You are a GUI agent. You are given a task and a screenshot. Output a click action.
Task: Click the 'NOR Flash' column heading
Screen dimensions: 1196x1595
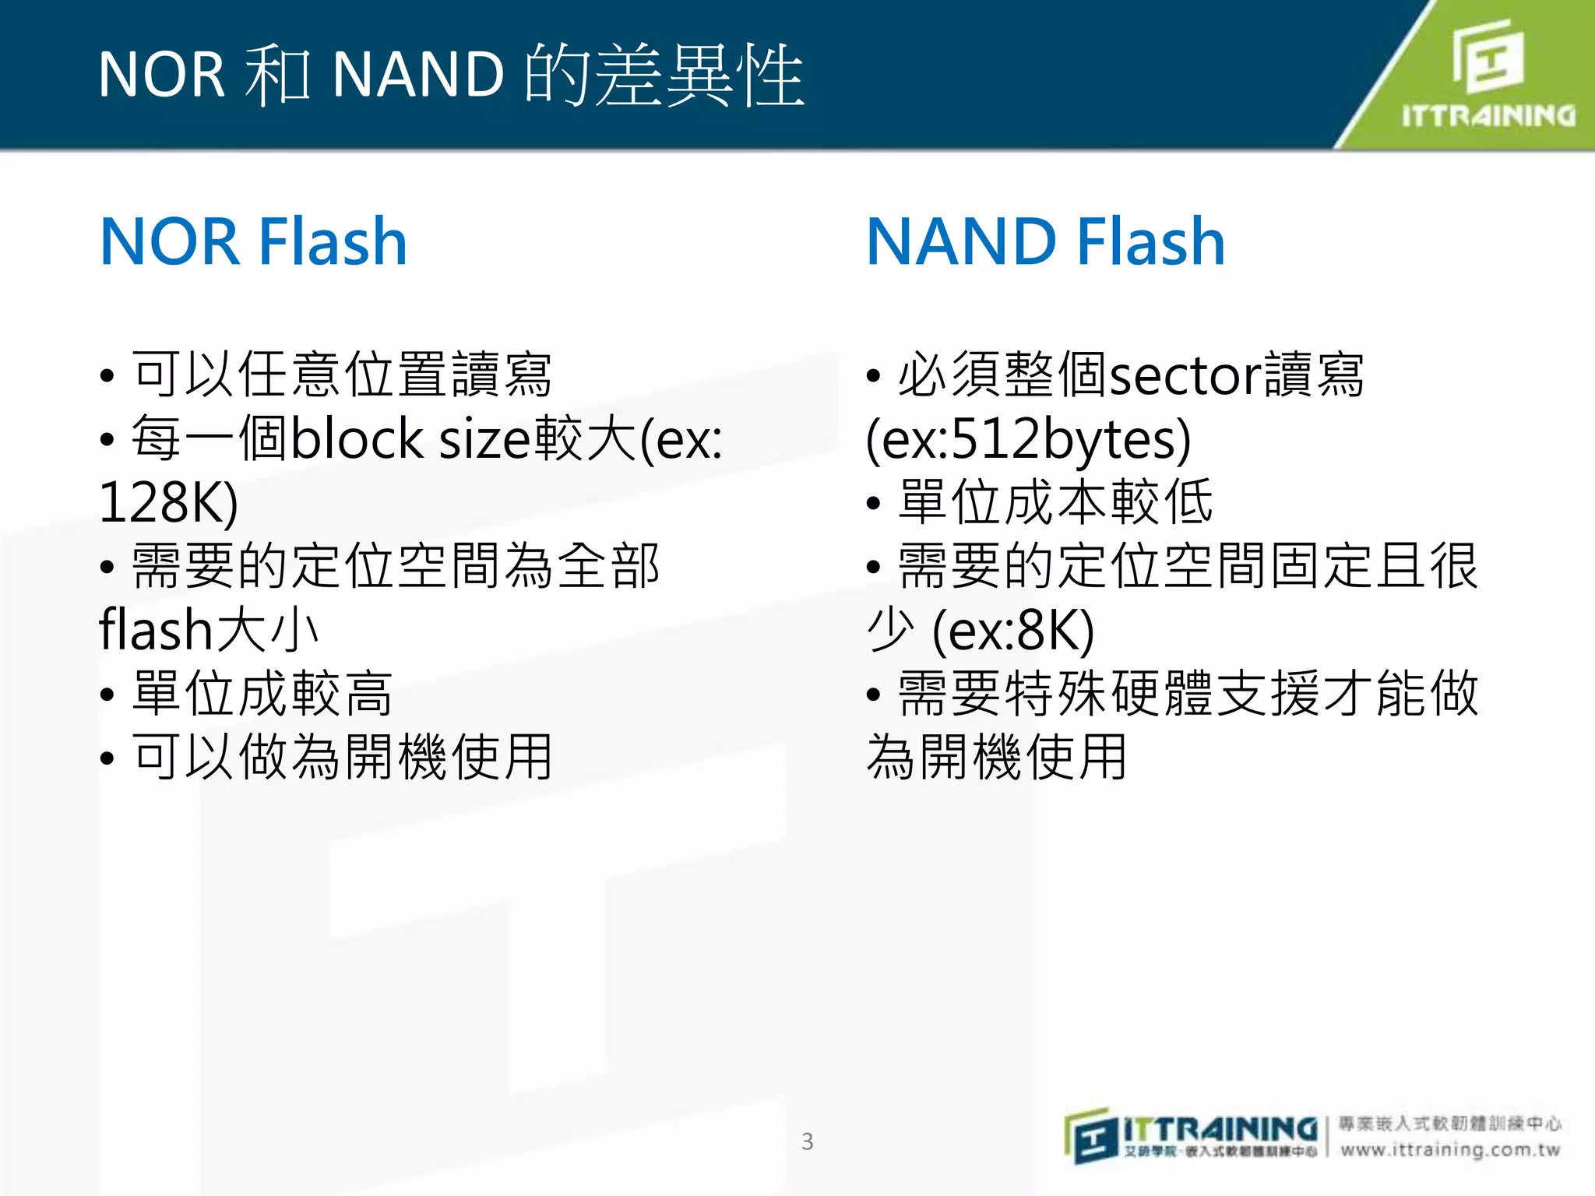(254, 241)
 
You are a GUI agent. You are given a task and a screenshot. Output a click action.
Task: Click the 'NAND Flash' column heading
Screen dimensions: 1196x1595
(1045, 241)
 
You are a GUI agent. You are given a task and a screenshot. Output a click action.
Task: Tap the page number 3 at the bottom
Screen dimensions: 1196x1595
(808, 1141)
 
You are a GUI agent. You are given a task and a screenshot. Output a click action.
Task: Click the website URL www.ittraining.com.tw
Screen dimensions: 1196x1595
(1450, 1150)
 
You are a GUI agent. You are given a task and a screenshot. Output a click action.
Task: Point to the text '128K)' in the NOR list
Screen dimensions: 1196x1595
(168, 502)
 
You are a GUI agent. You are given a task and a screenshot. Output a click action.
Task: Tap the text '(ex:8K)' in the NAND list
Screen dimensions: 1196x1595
(1013, 631)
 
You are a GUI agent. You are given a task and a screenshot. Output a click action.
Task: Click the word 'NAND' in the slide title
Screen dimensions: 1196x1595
(418, 76)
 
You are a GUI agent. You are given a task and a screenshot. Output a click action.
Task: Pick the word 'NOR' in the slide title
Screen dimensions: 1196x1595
(161, 76)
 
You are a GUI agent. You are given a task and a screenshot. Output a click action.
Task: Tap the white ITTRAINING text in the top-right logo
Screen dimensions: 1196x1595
(1488, 116)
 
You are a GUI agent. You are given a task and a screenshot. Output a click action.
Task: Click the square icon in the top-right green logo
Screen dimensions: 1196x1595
(1488, 56)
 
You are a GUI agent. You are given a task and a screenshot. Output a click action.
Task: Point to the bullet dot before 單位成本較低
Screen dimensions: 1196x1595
(873, 504)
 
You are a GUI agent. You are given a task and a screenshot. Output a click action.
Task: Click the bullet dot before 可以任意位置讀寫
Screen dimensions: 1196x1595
(107, 377)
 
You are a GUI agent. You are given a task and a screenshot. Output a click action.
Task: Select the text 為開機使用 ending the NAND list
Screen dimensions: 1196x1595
(996, 757)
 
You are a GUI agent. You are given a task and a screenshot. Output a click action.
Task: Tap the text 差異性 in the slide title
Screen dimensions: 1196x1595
(698, 76)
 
